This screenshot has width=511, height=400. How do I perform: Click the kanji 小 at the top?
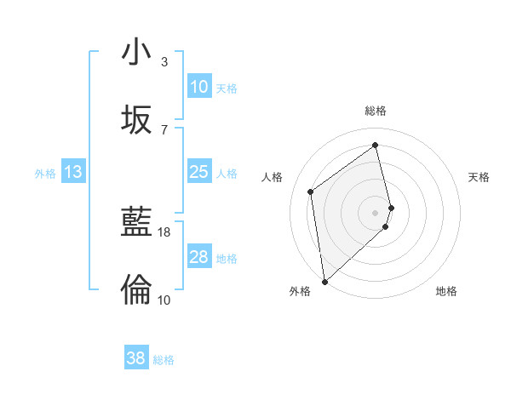tap(136, 52)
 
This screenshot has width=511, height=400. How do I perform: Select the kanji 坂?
tap(136, 120)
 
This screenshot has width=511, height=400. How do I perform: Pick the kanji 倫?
tap(136, 290)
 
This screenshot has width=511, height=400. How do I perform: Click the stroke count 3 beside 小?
tap(164, 62)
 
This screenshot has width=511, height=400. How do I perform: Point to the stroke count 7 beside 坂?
tap(164, 129)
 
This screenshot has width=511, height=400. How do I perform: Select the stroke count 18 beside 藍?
tap(164, 231)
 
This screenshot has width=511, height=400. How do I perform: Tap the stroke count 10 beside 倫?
tap(164, 300)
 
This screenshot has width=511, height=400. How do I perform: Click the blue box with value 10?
tap(198, 86)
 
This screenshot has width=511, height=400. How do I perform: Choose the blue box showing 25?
tap(198, 172)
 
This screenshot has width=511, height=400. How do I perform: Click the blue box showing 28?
tap(198, 257)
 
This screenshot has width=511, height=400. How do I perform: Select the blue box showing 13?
tap(73, 172)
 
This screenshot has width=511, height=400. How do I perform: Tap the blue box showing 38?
tap(136, 358)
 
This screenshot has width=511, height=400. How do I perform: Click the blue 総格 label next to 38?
tap(164, 360)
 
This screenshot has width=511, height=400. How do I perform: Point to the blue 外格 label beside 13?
tap(45, 174)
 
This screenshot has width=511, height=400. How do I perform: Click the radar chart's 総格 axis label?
tap(376, 111)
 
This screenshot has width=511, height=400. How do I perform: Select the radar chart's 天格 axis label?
tap(479, 177)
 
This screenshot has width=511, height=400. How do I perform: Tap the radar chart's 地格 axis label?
tap(446, 291)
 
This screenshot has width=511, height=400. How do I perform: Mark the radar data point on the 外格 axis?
tap(324, 281)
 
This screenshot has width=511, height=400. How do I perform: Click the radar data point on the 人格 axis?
tap(311, 191)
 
